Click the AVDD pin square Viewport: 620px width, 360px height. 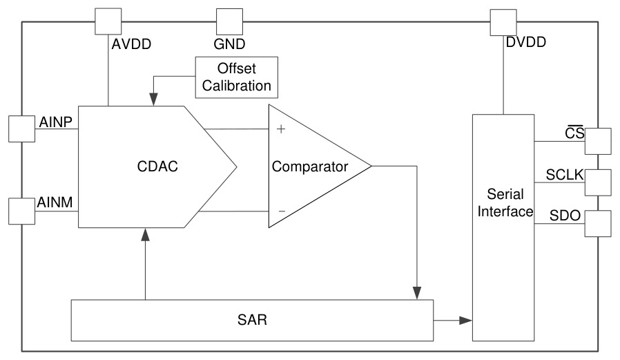pos(108,21)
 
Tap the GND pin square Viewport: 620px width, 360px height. pos(229,21)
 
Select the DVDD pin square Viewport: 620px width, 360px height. pos(503,23)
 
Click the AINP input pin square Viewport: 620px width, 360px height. pos(21,129)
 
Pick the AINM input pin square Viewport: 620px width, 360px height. pos(21,211)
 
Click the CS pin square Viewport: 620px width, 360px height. pos(598,141)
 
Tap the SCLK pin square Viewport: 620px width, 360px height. pos(598,182)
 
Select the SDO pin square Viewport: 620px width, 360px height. pos(598,223)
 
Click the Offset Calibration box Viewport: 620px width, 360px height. pos(236,77)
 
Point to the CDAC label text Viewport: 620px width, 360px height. pos(157,166)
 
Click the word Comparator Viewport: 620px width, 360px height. pos(309,167)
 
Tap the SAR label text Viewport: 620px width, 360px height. pos(252,320)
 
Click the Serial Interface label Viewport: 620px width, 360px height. pos(505,202)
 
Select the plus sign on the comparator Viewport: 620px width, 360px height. pos(281,129)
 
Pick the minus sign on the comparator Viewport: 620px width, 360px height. pos(282,211)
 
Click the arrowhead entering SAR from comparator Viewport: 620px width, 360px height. pos(417,293)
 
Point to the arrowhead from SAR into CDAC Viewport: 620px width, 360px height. pos(146,235)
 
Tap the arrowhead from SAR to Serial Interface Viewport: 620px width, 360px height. pos(466,321)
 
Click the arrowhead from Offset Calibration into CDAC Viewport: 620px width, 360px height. pos(153,100)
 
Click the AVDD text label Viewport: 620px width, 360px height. pos(131,44)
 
